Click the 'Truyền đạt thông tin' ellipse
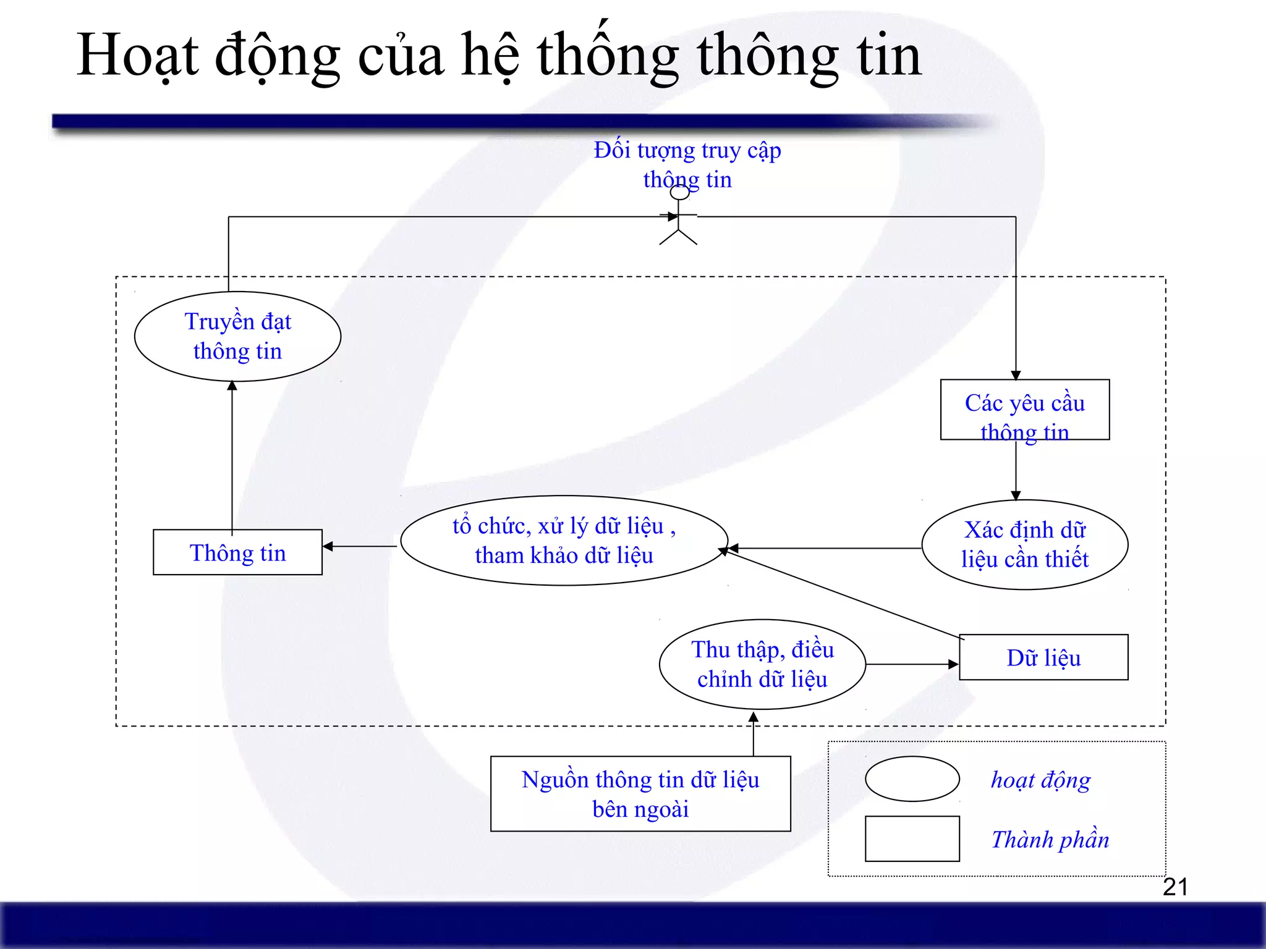click(x=237, y=336)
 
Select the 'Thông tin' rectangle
click(x=237, y=552)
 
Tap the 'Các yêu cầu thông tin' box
click(x=1024, y=410)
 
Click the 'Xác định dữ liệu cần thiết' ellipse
click(x=1024, y=544)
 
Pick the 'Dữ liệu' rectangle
click(x=1043, y=657)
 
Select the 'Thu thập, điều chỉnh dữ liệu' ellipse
click(x=762, y=664)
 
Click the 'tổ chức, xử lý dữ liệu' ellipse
click(x=564, y=541)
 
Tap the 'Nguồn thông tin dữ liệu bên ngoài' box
click(x=640, y=794)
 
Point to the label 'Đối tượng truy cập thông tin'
click(x=687, y=164)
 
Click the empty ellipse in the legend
click(x=912, y=779)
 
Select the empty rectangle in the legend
click(x=912, y=838)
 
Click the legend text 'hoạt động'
click(x=1040, y=780)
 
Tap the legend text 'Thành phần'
click(x=1050, y=840)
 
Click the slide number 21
click(x=1175, y=887)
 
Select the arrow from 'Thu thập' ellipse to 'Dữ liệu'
click(x=912, y=664)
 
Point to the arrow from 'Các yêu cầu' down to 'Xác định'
click(x=1016, y=470)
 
